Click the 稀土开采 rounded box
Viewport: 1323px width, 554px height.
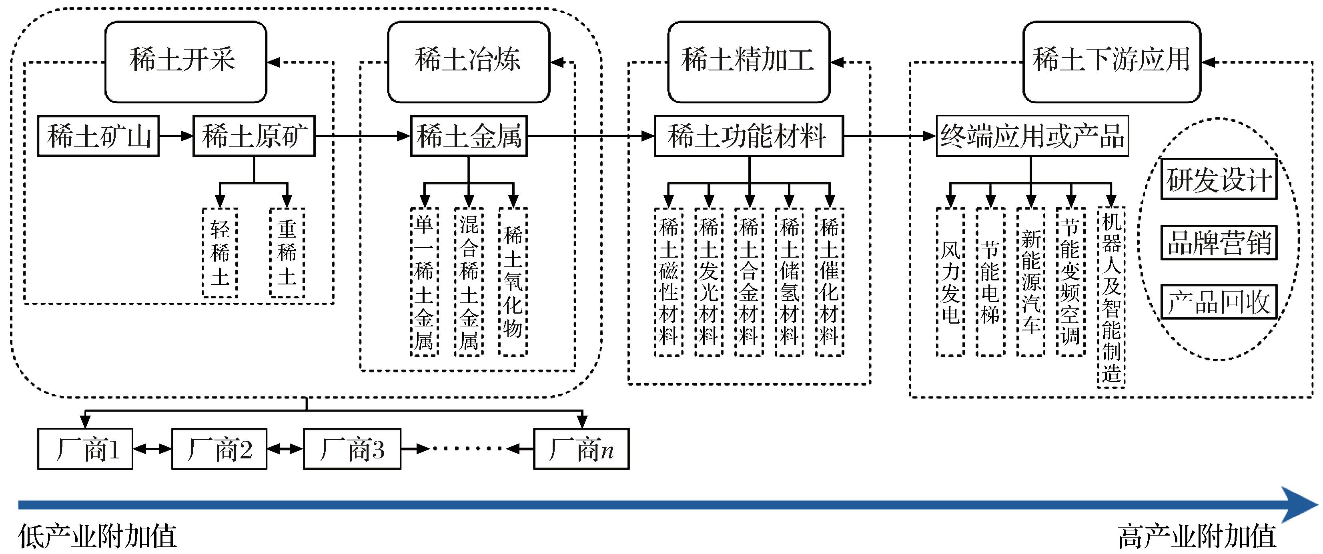(x=185, y=62)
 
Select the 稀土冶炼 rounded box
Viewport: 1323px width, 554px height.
(x=468, y=62)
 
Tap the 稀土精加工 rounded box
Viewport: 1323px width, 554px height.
(x=748, y=62)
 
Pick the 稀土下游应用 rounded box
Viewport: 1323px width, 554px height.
(x=1111, y=62)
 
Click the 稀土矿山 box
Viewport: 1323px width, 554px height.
(x=98, y=136)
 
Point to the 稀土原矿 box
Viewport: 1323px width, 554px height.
(x=254, y=136)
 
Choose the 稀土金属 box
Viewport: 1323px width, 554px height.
(x=468, y=136)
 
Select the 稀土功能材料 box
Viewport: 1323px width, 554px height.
(x=748, y=136)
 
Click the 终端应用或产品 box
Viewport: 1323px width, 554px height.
(x=1032, y=136)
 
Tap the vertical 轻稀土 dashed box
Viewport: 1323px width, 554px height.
(x=220, y=253)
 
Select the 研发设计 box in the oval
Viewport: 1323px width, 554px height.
(x=1218, y=180)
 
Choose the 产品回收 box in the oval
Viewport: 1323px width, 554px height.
(x=1218, y=302)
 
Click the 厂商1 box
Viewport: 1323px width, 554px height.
(x=85, y=449)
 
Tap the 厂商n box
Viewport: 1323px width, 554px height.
(x=581, y=449)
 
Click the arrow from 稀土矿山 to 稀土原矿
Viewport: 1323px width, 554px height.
(x=176, y=136)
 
